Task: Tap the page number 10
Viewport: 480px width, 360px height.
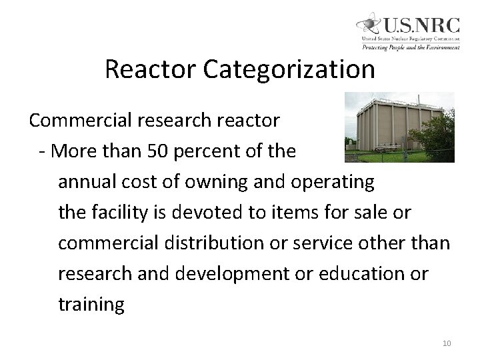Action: [x=447, y=343]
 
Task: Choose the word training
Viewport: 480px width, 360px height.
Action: [x=91, y=305]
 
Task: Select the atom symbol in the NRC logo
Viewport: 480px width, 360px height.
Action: [x=369, y=27]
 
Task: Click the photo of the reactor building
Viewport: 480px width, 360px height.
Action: [x=398, y=127]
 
